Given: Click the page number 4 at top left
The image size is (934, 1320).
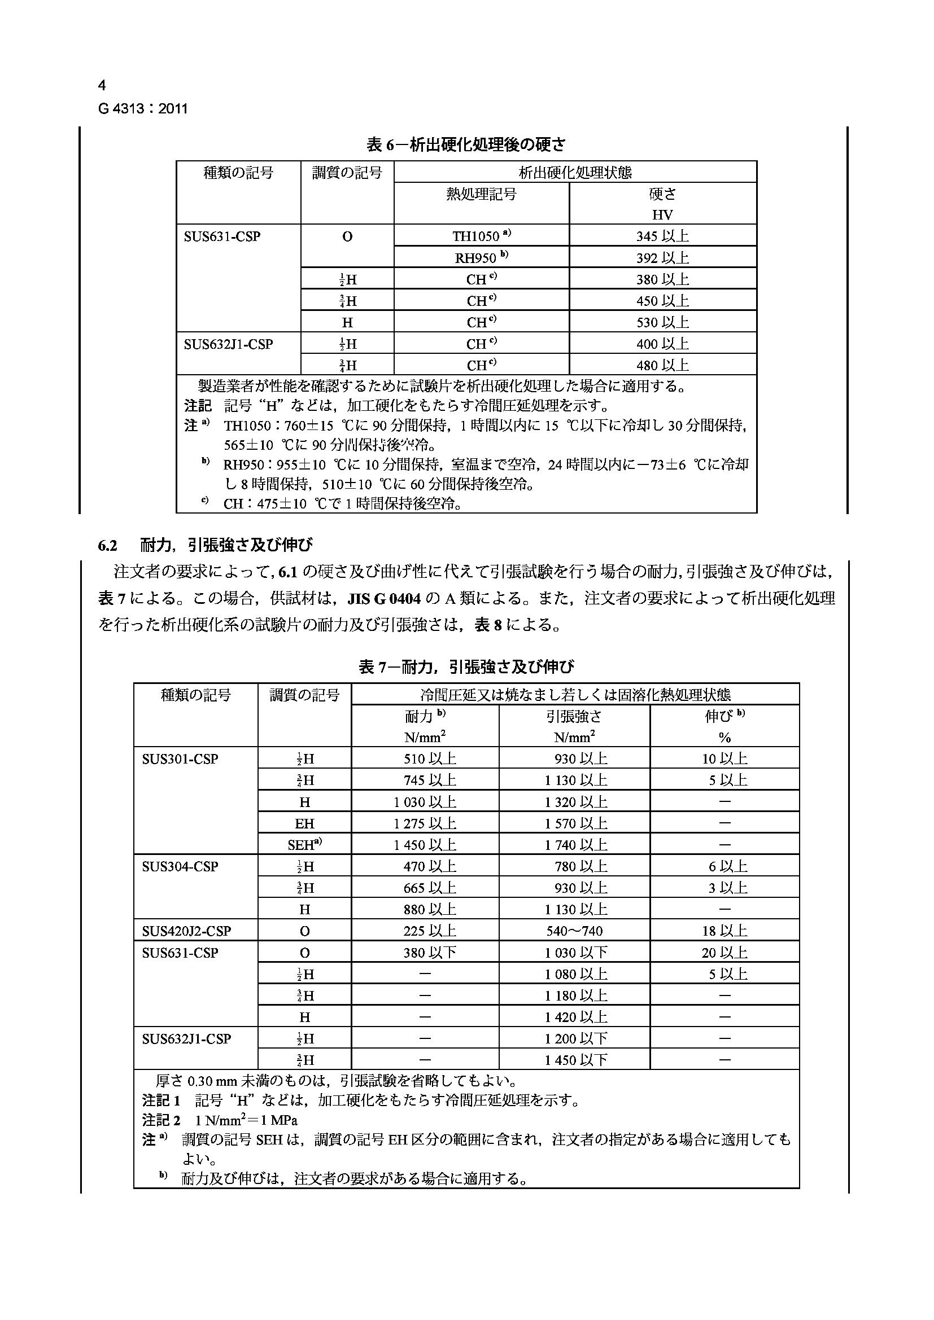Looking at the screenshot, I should tap(102, 86).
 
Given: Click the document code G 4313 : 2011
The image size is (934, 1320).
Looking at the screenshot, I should tap(143, 109).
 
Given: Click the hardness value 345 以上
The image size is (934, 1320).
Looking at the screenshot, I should tap(662, 236).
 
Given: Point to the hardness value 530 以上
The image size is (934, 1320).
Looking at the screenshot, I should tap(662, 322).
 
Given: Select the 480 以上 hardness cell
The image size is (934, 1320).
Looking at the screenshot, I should tap(662, 365).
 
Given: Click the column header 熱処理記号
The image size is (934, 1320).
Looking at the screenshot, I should tap(481, 194).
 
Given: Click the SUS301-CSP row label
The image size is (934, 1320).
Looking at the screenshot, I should tap(180, 759).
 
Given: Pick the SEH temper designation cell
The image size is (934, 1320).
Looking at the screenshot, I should tap(304, 845).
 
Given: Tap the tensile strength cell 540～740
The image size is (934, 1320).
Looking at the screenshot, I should tap(574, 931).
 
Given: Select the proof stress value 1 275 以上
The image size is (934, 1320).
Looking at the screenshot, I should tap(425, 823).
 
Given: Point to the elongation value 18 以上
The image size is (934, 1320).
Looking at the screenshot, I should tap(724, 931).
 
